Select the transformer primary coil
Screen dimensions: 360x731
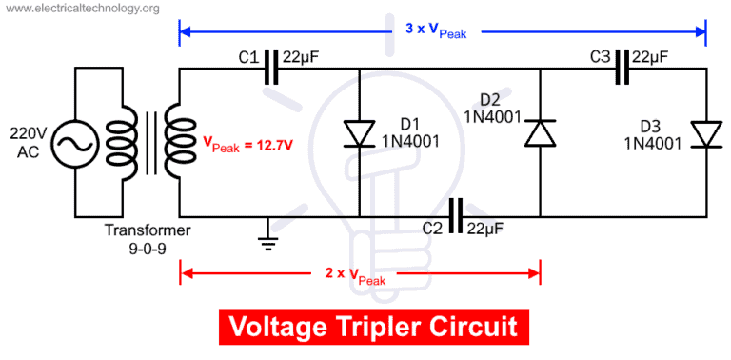coord(122,144)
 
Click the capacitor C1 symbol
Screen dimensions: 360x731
coord(272,70)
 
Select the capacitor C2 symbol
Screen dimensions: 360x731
coord(455,216)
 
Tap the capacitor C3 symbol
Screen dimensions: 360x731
coord(622,70)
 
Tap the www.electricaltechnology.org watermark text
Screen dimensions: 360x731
coord(80,9)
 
